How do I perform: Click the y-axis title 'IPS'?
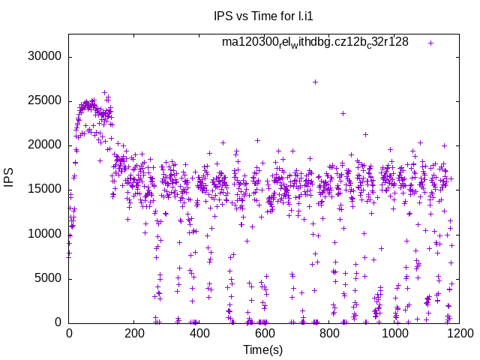click(10, 178)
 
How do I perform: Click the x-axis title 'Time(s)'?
click(262, 349)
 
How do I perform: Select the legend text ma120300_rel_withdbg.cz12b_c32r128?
click(315, 42)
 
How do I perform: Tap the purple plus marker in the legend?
click(430, 43)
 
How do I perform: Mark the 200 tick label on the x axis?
click(133, 333)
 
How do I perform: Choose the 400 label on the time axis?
click(199, 333)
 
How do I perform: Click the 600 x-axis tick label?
click(263, 333)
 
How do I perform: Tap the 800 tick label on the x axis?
click(328, 333)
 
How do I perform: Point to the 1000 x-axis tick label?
click(394, 333)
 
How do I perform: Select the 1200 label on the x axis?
click(458, 333)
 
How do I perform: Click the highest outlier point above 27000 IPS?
click(315, 82)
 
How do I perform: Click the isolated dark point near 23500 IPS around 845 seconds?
click(343, 113)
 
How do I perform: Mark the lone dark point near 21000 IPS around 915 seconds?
click(366, 135)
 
